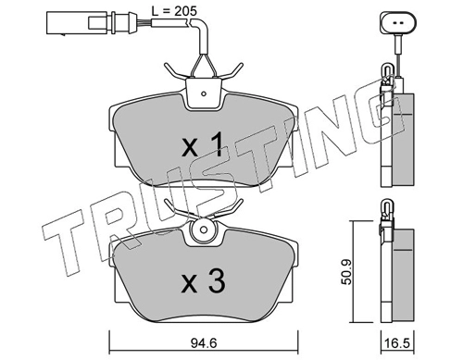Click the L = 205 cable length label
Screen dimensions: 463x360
pos(174,11)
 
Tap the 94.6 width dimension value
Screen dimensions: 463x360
pos(204,343)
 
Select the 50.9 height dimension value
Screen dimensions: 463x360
pos(346,272)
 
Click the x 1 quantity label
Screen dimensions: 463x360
pos(202,144)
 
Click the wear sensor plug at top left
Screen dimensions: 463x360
pos(91,22)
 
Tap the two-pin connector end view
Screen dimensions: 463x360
pos(398,22)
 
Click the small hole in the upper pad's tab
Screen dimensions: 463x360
pos(204,93)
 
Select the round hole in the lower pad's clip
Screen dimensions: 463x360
pos(204,230)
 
